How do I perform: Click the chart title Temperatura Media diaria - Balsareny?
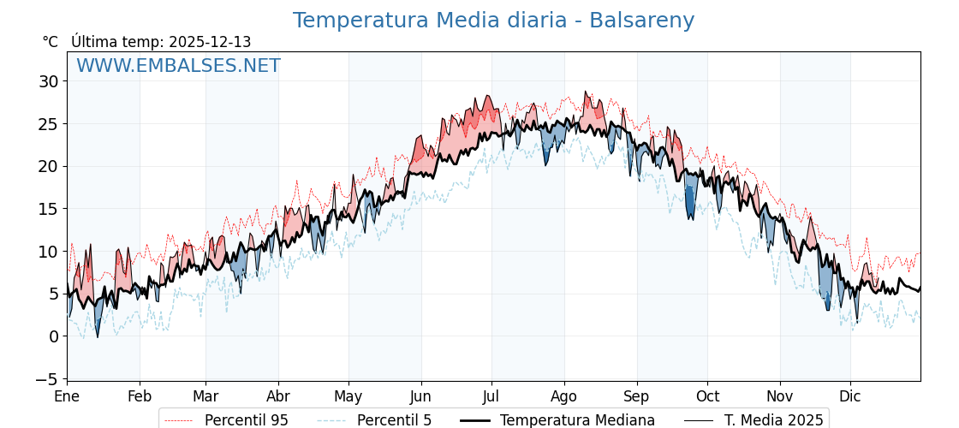pyautogui.click(x=493, y=21)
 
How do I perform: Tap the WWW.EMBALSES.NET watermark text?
pyautogui.click(x=178, y=66)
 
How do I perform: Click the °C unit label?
pyautogui.click(x=50, y=42)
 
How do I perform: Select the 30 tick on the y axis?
pyautogui.click(x=48, y=81)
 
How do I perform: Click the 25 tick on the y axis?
pyautogui.click(x=48, y=124)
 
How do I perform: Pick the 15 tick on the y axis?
pyautogui.click(x=48, y=209)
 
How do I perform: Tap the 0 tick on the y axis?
pyautogui.click(x=54, y=336)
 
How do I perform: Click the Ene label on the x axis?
pyautogui.click(x=67, y=396)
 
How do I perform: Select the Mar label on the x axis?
pyautogui.click(x=205, y=396)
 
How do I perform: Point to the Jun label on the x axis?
pyautogui.click(x=420, y=396)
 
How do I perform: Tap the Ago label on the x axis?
pyautogui.click(x=563, y=396)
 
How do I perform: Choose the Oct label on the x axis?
pyautogui.click(x=707, y=396)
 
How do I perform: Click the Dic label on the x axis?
pyautogui.click(x=850, y=396)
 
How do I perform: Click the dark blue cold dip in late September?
pyautogui.click(x=690, y=204)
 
